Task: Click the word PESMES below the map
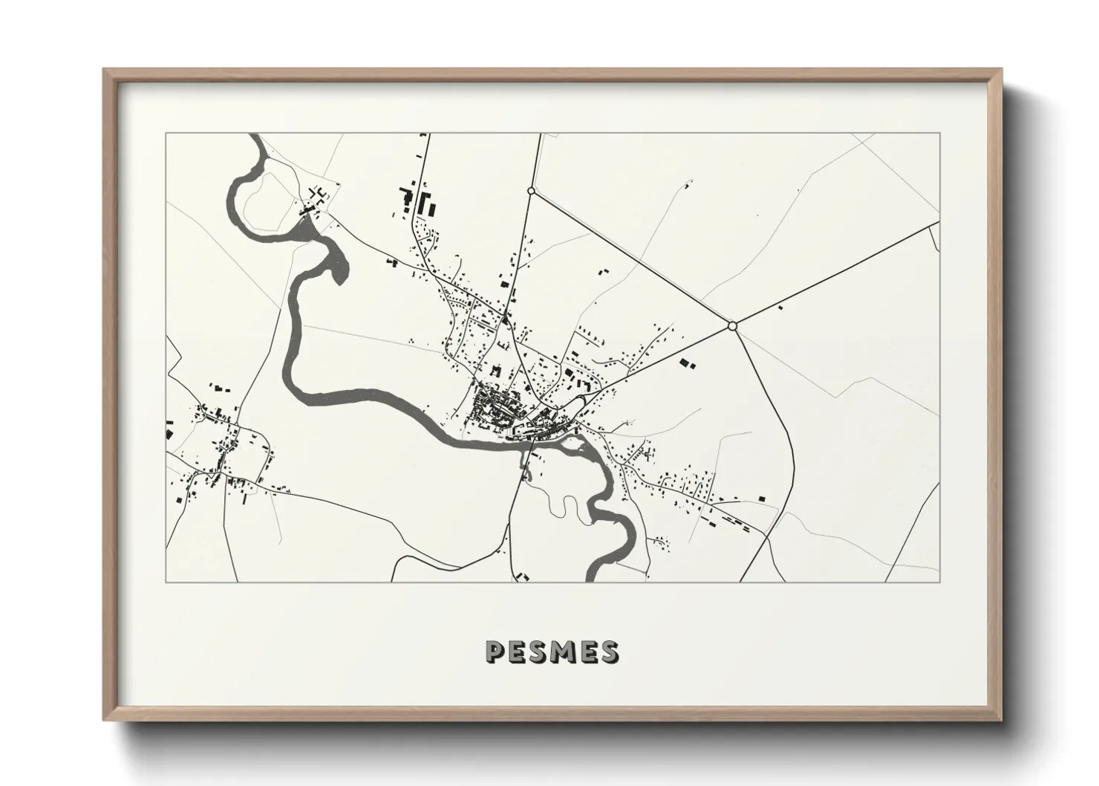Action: click(551, 652)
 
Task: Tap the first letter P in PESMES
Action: click(495, 652)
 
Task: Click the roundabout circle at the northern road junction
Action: click(531, 191)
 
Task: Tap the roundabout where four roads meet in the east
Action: click(732, 325)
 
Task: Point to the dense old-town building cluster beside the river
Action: click(494, 409)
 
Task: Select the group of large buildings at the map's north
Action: click(417, 201)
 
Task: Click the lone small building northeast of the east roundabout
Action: click(780, 306)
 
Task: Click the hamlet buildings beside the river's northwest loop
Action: click(315, 201)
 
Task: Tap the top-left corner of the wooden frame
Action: click(105, 70)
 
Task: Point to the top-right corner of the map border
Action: click(939, 134)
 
